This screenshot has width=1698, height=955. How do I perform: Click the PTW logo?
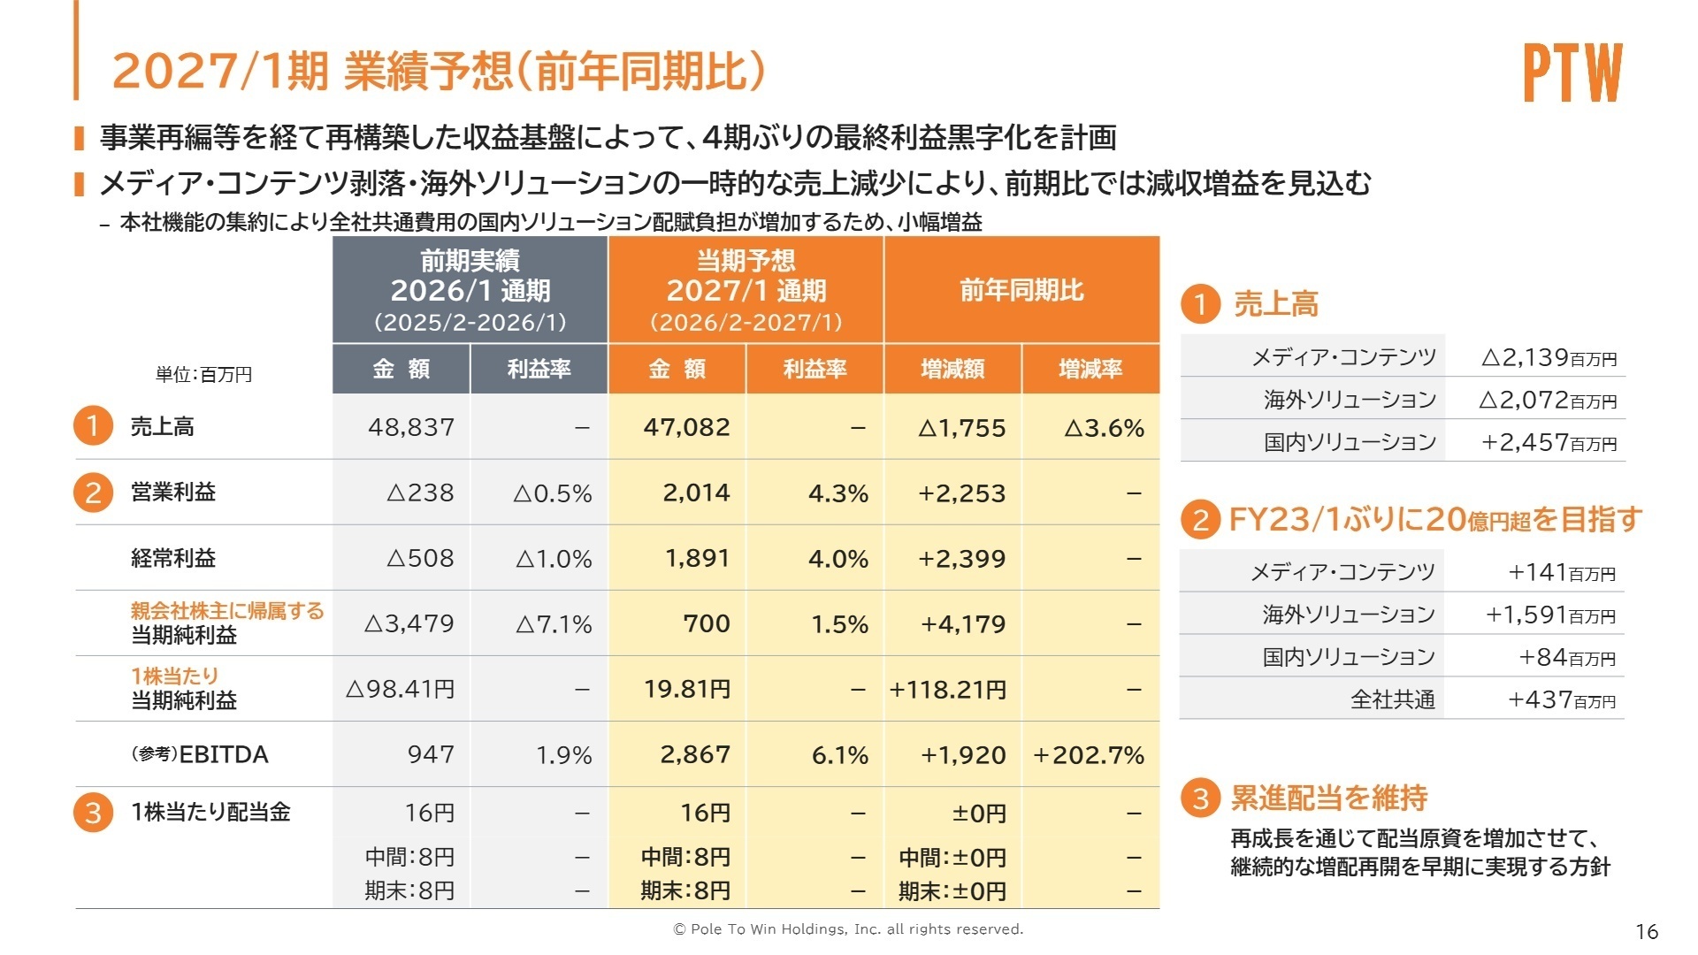click(1572, 73)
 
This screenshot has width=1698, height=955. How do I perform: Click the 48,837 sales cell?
click(411, 427)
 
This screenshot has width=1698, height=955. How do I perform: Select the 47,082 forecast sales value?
click(686, 427)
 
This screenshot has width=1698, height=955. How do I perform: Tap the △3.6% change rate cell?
click(1104, 428)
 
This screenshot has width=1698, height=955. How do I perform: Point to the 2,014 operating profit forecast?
click(696, 493)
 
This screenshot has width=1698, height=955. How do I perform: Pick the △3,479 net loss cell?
click(409, 623)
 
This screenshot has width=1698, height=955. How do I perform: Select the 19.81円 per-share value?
click(687, 689)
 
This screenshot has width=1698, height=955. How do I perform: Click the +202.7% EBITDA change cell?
click(1089, 755)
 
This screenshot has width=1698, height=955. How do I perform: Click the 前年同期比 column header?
click(1021, 290)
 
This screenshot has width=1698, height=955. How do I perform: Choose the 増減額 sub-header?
click(952, 369)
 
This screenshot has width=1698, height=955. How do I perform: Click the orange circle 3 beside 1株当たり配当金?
click(93, 813)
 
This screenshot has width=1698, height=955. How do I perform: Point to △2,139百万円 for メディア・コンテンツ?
click(1549, 357)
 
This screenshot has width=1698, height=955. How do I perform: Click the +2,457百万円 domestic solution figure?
click(1549, 442)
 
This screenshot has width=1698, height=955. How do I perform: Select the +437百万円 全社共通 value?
click(1561, 699)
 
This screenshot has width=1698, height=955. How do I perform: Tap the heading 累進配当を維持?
click(1328, 798)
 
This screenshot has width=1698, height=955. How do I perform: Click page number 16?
click(1647, 931)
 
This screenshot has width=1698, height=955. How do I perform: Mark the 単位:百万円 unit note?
click(203, 375)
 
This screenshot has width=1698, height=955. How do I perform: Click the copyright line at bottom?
click(848, 929)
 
